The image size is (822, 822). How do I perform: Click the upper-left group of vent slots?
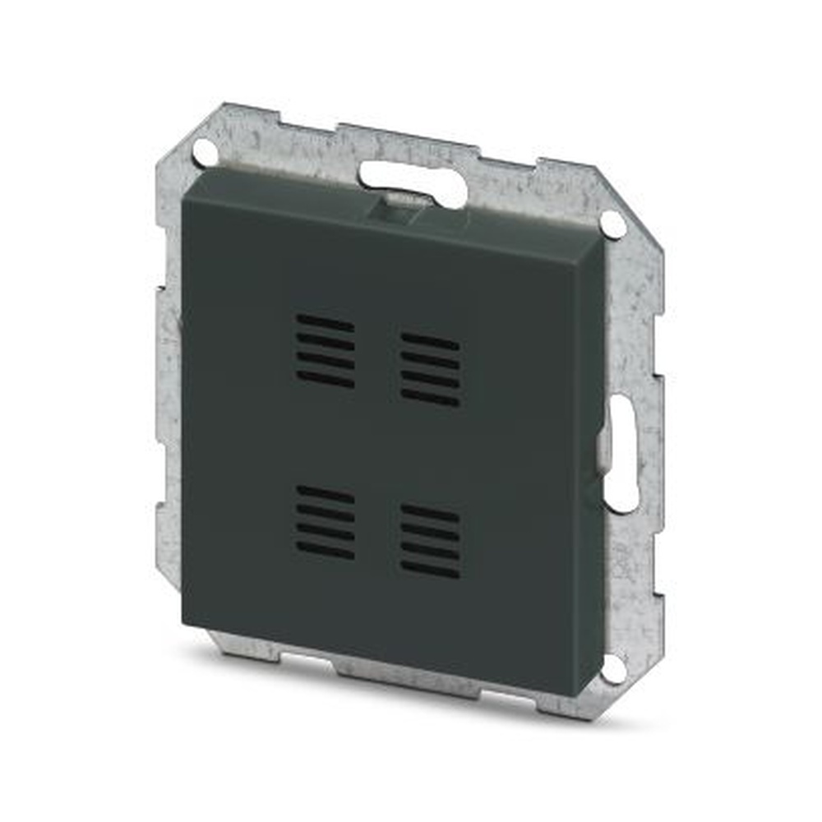click(x=326, y=350)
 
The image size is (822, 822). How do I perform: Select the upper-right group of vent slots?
click(x=430, y=369)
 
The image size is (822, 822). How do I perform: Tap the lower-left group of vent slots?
click(x=326, y=522)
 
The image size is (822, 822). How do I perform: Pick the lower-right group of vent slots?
click(x=430, y=541)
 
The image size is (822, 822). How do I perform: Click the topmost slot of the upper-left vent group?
click(x=326, y=321)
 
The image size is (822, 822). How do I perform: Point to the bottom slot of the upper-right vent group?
click(x=430, y=398)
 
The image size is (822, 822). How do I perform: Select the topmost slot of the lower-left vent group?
click(x=326, y=493)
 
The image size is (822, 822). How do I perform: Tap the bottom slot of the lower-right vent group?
click(x=430, y=570)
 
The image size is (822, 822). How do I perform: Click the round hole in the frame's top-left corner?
click(x=205, y=151)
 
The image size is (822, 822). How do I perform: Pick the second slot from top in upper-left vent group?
click(x=326, y=340)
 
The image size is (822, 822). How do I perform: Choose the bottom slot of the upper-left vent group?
click(x=326, y=379)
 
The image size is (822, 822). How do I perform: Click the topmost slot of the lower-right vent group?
click(x=430, y=512)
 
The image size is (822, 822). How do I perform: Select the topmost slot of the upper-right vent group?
click(x=430, y=340)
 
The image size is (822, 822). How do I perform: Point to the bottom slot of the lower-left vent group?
click(x=326, y=551)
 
